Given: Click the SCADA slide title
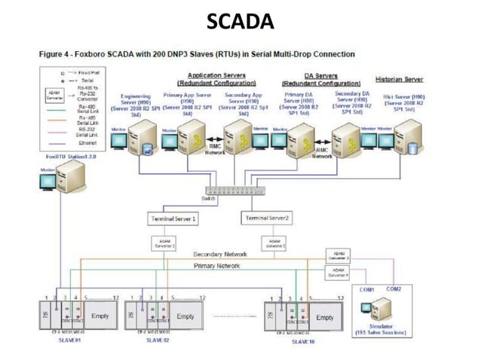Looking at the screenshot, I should [x=240, y=23].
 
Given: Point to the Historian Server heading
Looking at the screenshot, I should [x=398, y=79].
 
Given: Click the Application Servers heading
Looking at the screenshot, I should [x=214, y=75].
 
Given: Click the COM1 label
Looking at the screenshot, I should [x=366, y=289].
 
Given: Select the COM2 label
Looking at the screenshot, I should [x=394, y=288].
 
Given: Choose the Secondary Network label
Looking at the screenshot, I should [x=220, y=255].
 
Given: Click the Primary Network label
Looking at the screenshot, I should [x=217, y=266].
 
